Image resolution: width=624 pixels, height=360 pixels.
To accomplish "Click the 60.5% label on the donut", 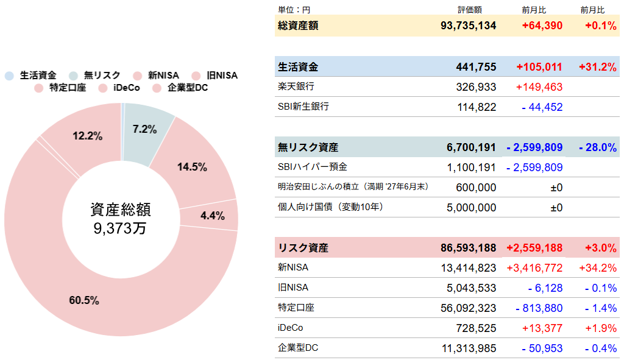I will click(x=84, y=300).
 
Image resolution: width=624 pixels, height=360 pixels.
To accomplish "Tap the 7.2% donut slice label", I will click(x=144, y=129).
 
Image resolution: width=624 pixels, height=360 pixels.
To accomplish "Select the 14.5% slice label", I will click(x=193, y=167).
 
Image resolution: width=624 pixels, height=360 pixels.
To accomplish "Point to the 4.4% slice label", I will click(x=213, y=216).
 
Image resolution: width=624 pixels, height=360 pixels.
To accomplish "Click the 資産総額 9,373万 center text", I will click(x=121, y=219).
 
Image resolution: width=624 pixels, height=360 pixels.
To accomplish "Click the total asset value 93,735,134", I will click(x=468, y=26).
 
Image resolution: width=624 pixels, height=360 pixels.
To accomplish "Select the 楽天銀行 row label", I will click(x=296, y=86).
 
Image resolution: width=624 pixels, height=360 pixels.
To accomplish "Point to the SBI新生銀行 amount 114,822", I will click(x=477, y=107).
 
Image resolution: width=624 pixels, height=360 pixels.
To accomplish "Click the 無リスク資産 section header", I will click(x=308, y=147).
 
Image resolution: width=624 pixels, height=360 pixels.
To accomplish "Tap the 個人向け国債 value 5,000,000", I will click(x=471, y=208).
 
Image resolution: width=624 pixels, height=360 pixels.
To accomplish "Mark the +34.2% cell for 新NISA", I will click(x=600, y=268).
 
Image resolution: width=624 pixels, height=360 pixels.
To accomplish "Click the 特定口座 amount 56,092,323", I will click(x=469, y=308).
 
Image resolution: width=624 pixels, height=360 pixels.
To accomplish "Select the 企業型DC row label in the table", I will click(x=298, y=348).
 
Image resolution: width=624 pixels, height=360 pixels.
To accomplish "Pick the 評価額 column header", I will click(x=470, y=10).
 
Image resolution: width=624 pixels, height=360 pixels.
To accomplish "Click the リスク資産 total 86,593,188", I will click(x=468, y=248).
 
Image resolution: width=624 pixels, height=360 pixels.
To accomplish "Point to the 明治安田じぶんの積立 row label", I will click(x=353, y=186).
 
